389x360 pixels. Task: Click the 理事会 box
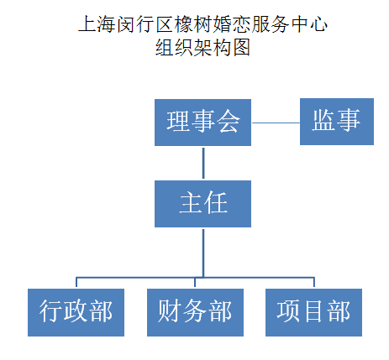click(x=202, y=123)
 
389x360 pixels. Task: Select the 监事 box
click(x=337, y=122)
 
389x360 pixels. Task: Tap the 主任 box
click(x=202, y=204)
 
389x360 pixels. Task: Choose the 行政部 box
click(x=76, y=312)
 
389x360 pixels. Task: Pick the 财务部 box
click(x=195, y=312)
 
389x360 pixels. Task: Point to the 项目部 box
click(x=313, y=312)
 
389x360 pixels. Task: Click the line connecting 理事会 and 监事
click(x=276, y=123)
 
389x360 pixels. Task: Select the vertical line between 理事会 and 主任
click(x=203, y=163)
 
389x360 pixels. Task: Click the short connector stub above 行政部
click(x=76, y=282)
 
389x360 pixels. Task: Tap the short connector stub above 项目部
click(x=314, y=282)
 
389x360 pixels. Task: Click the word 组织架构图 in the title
click(x=202, y=47)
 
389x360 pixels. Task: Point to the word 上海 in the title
click(x=97, y=24)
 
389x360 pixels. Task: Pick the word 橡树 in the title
click(x=193, y=24)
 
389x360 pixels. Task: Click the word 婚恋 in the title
click(x=231, y=24)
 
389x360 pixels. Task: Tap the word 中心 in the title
click(x=309, y=24)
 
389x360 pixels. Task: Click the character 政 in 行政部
click(x=76, y=310)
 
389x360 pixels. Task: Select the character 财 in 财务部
click(x=170, y=310)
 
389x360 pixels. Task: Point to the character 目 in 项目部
click(x=313, y=310)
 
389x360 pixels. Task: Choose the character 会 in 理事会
click(x=229, y=121)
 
